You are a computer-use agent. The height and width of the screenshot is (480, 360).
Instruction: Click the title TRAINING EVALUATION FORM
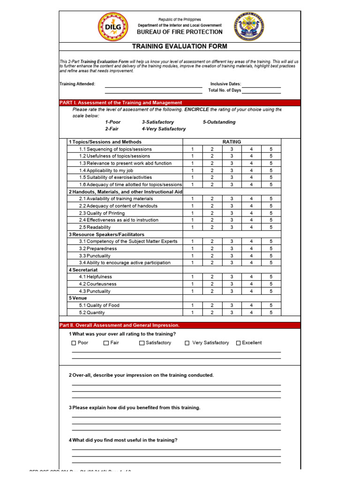click(180, 46)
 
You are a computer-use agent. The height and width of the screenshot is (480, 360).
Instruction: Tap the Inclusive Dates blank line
click(261, 84)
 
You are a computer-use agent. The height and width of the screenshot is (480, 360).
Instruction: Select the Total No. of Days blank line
click(261, 90)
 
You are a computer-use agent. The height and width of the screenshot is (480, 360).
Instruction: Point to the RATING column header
click(232, 142)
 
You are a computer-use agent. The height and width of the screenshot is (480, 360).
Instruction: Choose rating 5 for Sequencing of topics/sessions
click(271, 149)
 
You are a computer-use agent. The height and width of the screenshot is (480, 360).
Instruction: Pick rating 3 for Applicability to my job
click(232, 171)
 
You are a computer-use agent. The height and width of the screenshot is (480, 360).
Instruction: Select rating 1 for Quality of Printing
click(192, 213)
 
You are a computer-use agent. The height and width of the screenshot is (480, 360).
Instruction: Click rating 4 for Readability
click(251, 227)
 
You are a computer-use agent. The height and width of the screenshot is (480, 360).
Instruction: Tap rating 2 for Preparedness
click(212, 248)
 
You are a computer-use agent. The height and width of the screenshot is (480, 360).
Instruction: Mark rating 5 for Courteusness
click(271, 284)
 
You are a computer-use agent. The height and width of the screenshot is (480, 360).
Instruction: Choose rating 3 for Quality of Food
click(232, 305)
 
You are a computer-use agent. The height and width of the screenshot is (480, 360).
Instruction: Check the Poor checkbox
click(74, 343)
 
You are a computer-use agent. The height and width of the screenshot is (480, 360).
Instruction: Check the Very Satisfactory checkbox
click(187, 343)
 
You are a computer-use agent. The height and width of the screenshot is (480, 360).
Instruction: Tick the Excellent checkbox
click(238, 343)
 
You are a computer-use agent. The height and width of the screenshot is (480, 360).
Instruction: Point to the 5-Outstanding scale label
click(219, 122)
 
